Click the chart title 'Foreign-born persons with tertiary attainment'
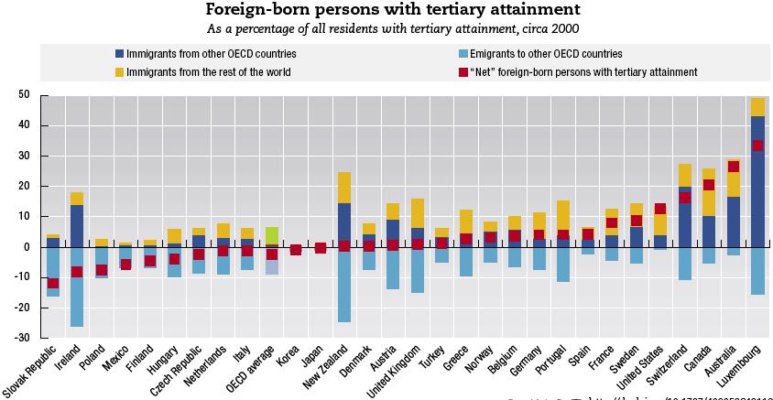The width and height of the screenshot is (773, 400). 392,10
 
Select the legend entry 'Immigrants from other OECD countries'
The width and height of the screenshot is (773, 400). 212,54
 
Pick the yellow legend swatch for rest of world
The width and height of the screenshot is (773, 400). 119,71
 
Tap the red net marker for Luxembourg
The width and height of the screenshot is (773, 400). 757,146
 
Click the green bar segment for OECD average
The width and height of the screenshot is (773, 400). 272,237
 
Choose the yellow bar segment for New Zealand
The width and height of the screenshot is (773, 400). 344,188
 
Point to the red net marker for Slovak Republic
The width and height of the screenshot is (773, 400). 53,283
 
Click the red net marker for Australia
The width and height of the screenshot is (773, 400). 734,167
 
